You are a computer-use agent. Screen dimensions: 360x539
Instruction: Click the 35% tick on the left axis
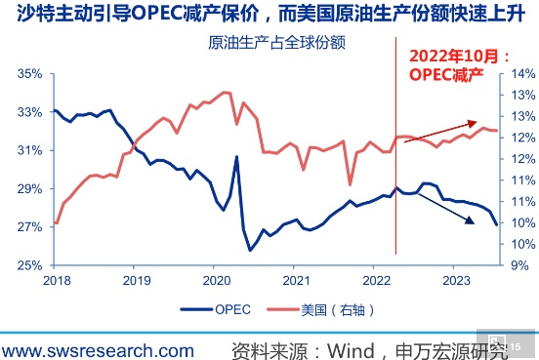click(x=29, y=73)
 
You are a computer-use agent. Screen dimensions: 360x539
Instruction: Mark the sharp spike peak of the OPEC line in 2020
click(x=236, y=157)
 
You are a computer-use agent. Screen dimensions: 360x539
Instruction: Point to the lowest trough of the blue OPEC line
click(x=251, y=250)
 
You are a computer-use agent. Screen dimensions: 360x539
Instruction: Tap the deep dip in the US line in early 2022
click(x=350, y=182)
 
